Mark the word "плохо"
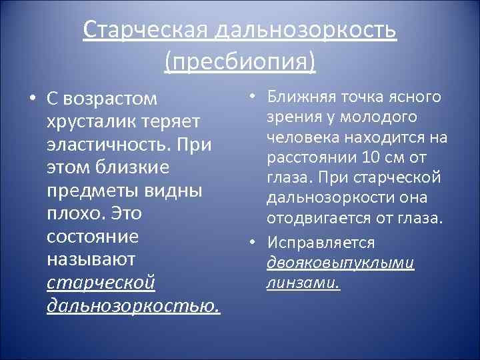point(73,215)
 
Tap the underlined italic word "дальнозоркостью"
point(133,307)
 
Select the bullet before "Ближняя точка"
point(254,97)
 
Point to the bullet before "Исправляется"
point(254,243)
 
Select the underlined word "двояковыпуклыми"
point(340,263)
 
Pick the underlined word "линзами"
point(303,283)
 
